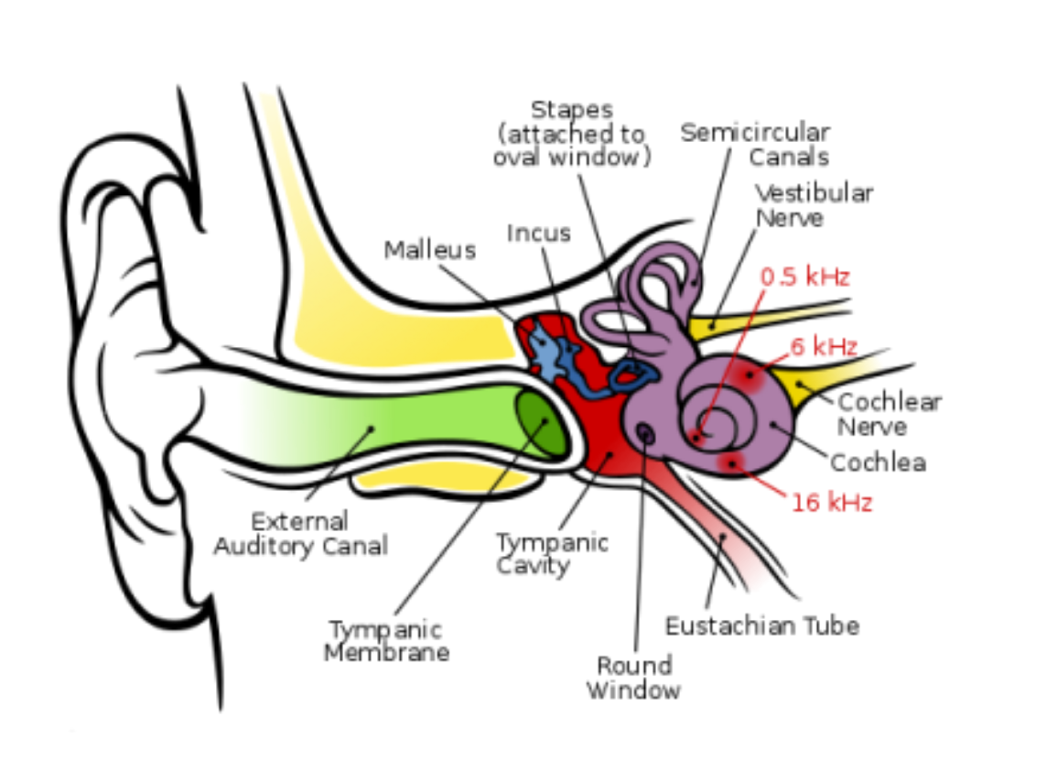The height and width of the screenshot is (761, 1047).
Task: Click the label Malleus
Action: [x=429, y=250]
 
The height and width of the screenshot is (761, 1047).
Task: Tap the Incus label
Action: [x=539, y=234]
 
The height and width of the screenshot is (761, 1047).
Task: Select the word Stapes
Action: [x=571, y=111]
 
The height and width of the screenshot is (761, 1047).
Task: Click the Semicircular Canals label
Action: [x=755, y=145]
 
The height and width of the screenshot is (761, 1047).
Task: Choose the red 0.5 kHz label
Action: [x=805, y=277]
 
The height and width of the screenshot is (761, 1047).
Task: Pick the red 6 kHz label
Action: [x=825, y=347]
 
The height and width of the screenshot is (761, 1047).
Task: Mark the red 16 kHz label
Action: [x=831, y=503]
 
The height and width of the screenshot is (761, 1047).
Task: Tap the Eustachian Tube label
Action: [x=761, y=626]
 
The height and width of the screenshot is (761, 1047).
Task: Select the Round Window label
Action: [x=633, y=677]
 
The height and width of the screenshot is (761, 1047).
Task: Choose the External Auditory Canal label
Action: [x=300, y=534]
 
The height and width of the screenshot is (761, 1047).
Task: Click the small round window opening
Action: [x=646, y=434]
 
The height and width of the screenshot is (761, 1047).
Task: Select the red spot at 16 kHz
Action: [x=731, y=463]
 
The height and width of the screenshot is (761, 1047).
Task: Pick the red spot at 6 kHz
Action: [x=750, y=374]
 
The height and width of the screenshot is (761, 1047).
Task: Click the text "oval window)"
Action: [x=571, y=157]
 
